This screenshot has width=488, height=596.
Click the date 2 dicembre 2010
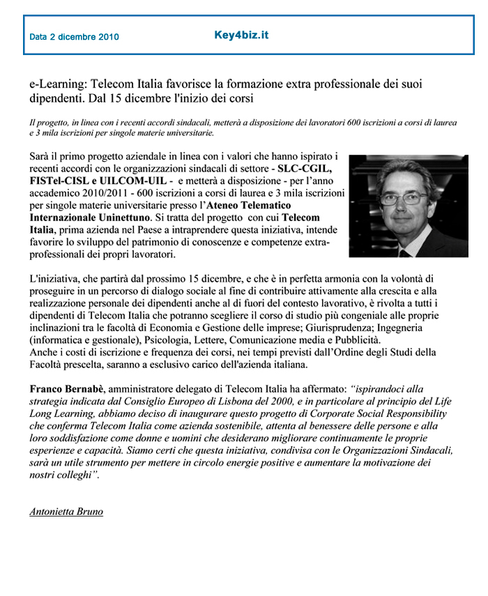tap(74, 37)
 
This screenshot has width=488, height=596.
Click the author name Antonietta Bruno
tap(66, 512)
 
